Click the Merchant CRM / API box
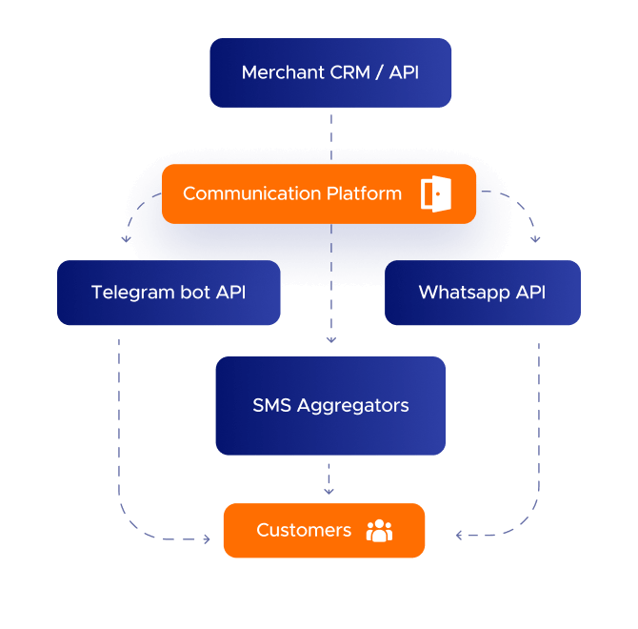point(330,72)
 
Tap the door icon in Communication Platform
point(435,193)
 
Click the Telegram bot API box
point(169,293)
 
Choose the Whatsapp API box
point(482,293)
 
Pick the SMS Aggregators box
point(330,405)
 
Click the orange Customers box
point(324,530)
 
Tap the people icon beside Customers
point(379,530)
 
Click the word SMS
point(271,405)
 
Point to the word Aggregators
point(353,405)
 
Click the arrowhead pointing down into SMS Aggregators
point(330,338)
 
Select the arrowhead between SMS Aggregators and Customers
point(329,491)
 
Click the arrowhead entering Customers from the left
point(206,539)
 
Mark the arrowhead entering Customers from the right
point(460,536)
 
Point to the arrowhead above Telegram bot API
point(126,239)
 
